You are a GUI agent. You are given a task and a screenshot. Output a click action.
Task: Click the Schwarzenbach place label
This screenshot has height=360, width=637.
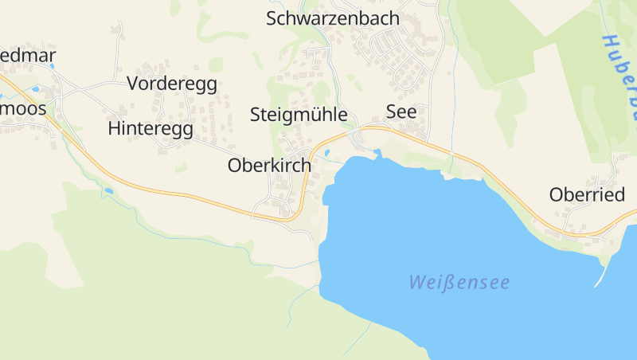pos(332,18)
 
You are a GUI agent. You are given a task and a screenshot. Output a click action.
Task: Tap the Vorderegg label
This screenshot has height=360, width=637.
pos(171,84)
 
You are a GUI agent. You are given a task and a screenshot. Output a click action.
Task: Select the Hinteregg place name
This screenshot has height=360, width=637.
pos(150,128)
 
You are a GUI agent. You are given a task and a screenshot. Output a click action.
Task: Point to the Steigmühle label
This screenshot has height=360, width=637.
pos(299,115)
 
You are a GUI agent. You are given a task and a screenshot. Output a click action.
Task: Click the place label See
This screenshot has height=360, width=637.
pos(401,112)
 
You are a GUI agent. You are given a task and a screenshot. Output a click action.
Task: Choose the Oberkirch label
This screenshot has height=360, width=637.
pos(269,166)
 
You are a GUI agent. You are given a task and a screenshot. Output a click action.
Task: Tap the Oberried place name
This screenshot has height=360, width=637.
pos(587,195)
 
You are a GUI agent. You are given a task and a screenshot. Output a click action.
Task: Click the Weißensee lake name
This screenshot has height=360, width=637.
pos(459,282)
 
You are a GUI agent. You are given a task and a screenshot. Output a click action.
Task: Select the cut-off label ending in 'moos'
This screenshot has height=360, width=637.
pos(23,108)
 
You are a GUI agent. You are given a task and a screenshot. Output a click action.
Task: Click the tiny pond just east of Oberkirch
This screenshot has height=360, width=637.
pos(326,152)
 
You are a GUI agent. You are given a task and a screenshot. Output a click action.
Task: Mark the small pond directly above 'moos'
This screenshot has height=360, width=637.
pos(35,89)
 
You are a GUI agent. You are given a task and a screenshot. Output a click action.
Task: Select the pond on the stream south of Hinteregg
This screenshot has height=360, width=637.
pos(107,191)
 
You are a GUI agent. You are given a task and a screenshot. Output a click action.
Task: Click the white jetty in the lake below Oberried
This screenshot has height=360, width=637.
pos(601,275)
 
